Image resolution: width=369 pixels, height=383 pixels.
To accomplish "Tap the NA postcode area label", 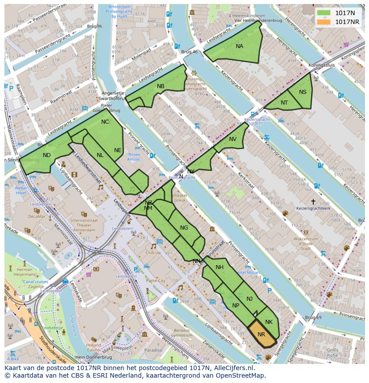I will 239,46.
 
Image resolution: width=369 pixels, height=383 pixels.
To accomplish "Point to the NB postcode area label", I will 160,86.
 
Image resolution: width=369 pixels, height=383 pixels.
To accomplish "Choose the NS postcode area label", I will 303,92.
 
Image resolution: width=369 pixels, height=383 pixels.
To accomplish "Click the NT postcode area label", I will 284,103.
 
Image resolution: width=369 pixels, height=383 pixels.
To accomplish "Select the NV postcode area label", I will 233,139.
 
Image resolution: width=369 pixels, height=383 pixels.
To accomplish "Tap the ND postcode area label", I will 47,155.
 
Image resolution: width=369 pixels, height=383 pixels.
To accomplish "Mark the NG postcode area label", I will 184,228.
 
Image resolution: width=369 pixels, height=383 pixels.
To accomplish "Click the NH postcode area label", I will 219,267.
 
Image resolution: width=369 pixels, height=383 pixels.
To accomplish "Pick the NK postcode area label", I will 268,322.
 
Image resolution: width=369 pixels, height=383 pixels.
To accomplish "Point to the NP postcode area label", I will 236,306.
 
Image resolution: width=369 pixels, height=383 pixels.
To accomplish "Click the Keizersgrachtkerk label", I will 313,208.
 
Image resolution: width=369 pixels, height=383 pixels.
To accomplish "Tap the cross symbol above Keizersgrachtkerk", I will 313,202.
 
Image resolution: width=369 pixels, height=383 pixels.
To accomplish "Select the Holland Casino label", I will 94,347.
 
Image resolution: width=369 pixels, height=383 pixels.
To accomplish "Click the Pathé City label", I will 156,281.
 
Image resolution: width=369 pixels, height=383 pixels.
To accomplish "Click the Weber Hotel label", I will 21,190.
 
